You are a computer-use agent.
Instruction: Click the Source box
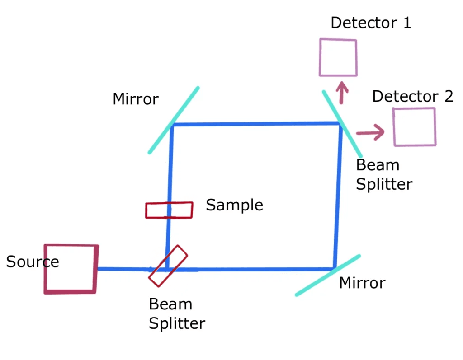coord(71,269)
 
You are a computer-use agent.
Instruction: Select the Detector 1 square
coord(338,57)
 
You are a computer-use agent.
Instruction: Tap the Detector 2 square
coord(415,127)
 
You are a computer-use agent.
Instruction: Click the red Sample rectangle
coord(169,210)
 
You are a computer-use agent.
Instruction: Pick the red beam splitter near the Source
coord(168,266)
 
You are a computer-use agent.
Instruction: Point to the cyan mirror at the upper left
coord(173,120)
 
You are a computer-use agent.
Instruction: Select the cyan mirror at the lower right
coord(328,275)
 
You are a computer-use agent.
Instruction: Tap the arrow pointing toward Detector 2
coord(370,132)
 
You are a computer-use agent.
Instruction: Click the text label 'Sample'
coord(234,205)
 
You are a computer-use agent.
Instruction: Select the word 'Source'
coord(33,262)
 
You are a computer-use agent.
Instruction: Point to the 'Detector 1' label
coord(371,23)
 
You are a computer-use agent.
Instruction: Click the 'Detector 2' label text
coord(412,96)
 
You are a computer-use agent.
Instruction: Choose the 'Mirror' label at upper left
coord(136,99)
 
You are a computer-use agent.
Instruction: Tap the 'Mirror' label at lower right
coord(362,283)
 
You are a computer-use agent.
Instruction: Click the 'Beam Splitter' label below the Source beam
coord(177,314)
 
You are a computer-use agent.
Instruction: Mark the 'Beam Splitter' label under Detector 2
coord(384,175)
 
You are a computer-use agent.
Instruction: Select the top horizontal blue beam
coord(255,124)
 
